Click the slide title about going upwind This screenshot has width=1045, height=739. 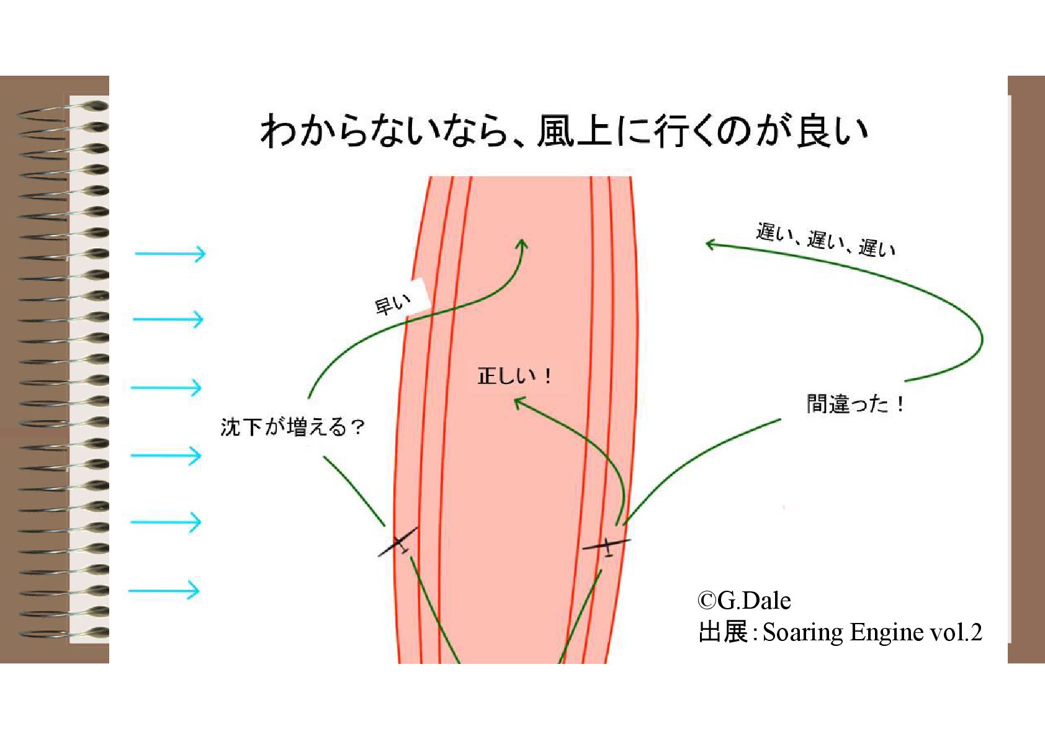[563, 130]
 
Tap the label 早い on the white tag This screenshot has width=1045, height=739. [393, 305]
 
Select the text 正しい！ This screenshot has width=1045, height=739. [514, 376]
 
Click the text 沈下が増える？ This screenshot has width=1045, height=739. [292, 428]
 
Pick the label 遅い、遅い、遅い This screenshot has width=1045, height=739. [825, 240]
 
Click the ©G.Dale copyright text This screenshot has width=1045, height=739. [744, 601]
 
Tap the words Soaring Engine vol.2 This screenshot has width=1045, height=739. [872, 632]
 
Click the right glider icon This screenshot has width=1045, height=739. [607, 547]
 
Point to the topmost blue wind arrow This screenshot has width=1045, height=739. [170, 253]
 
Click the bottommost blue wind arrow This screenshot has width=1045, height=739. [164, 590]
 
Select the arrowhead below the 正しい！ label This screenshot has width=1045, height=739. [518, 403]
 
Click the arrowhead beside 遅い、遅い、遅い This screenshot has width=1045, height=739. [710, 244]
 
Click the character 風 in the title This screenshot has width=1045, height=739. [556, 131]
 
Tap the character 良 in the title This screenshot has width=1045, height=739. [816, 131]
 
